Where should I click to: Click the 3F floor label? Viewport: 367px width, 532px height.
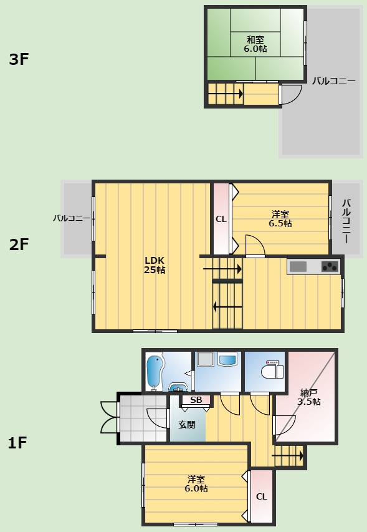click(x=19, y=59)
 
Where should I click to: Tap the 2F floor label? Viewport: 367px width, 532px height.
click(x=19, y=244)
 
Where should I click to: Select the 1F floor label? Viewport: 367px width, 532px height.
click(x=17, y=443)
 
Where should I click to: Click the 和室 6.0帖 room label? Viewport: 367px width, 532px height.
click(x=255, y=44)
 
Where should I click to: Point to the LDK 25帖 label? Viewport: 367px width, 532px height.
click(x=155, y=265)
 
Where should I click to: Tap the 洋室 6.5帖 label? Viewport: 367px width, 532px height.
click(x=280, y=219)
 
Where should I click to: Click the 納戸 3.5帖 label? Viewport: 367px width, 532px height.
click(x=308, y=397)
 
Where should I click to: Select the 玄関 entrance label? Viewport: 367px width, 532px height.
click(x=187, y=425)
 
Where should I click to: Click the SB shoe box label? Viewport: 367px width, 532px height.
click(x=196, y=400)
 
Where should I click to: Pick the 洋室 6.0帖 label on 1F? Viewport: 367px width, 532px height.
click(x=196, y=484)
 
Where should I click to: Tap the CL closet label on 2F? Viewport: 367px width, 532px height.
click(x=221, y=219)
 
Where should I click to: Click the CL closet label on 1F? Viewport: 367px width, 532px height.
click(x=261, y=496)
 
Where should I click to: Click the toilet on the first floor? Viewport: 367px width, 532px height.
click(x=272, y=370)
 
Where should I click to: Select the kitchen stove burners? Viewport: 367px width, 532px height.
click(x=330, y=267)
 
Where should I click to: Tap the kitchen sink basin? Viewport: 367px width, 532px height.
click(x=298, y=267)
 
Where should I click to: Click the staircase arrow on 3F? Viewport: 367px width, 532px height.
click(x=226, y=94)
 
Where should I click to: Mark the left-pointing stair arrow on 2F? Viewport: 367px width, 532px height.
click(x=227, y=307)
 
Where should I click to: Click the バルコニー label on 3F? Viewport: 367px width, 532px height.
click(x=334, y=81)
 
